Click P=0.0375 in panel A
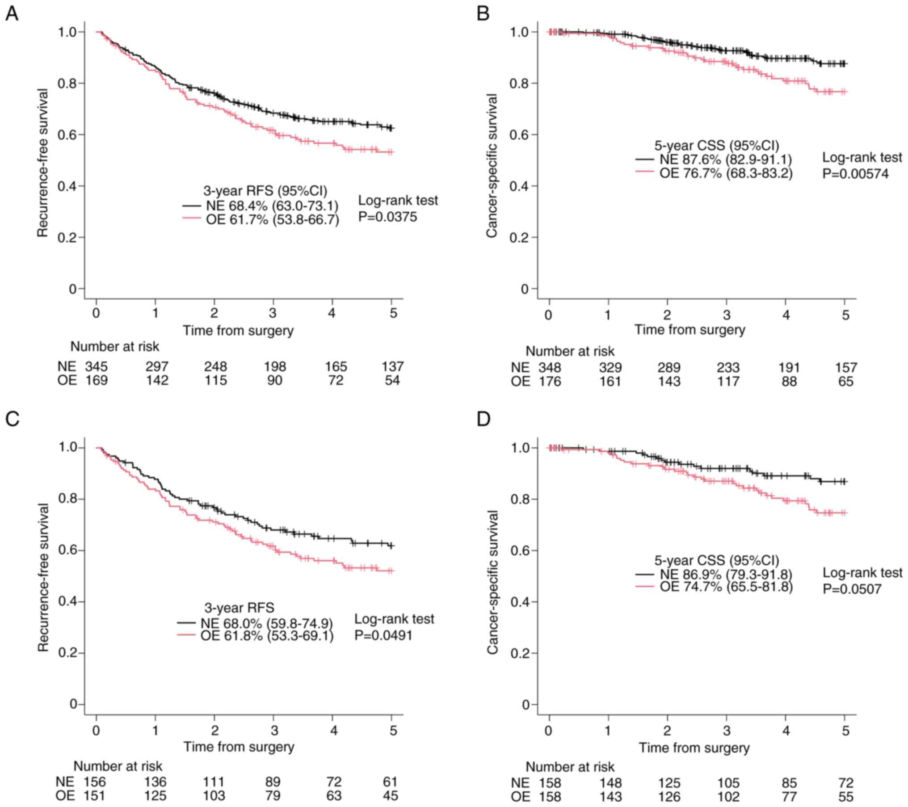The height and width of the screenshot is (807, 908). [387, 217]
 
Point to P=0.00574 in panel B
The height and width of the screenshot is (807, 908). [855, 173]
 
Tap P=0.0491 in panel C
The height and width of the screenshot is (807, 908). [383, 635]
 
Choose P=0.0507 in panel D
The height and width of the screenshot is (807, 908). [852, 589]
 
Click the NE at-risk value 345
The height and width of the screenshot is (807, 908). [97, 367]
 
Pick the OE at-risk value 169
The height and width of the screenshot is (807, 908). [97, 381]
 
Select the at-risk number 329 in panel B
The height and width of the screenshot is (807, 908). [610, 368]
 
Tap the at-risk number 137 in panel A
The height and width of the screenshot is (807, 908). [392, 367]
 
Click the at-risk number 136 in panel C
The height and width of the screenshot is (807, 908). [156, 782]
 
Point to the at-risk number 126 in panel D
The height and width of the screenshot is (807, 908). [669, 797]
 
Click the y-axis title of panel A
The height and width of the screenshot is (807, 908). [43, 163]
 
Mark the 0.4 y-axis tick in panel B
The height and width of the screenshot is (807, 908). [519, 186]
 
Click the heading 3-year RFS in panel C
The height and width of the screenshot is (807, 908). [240, 608]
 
